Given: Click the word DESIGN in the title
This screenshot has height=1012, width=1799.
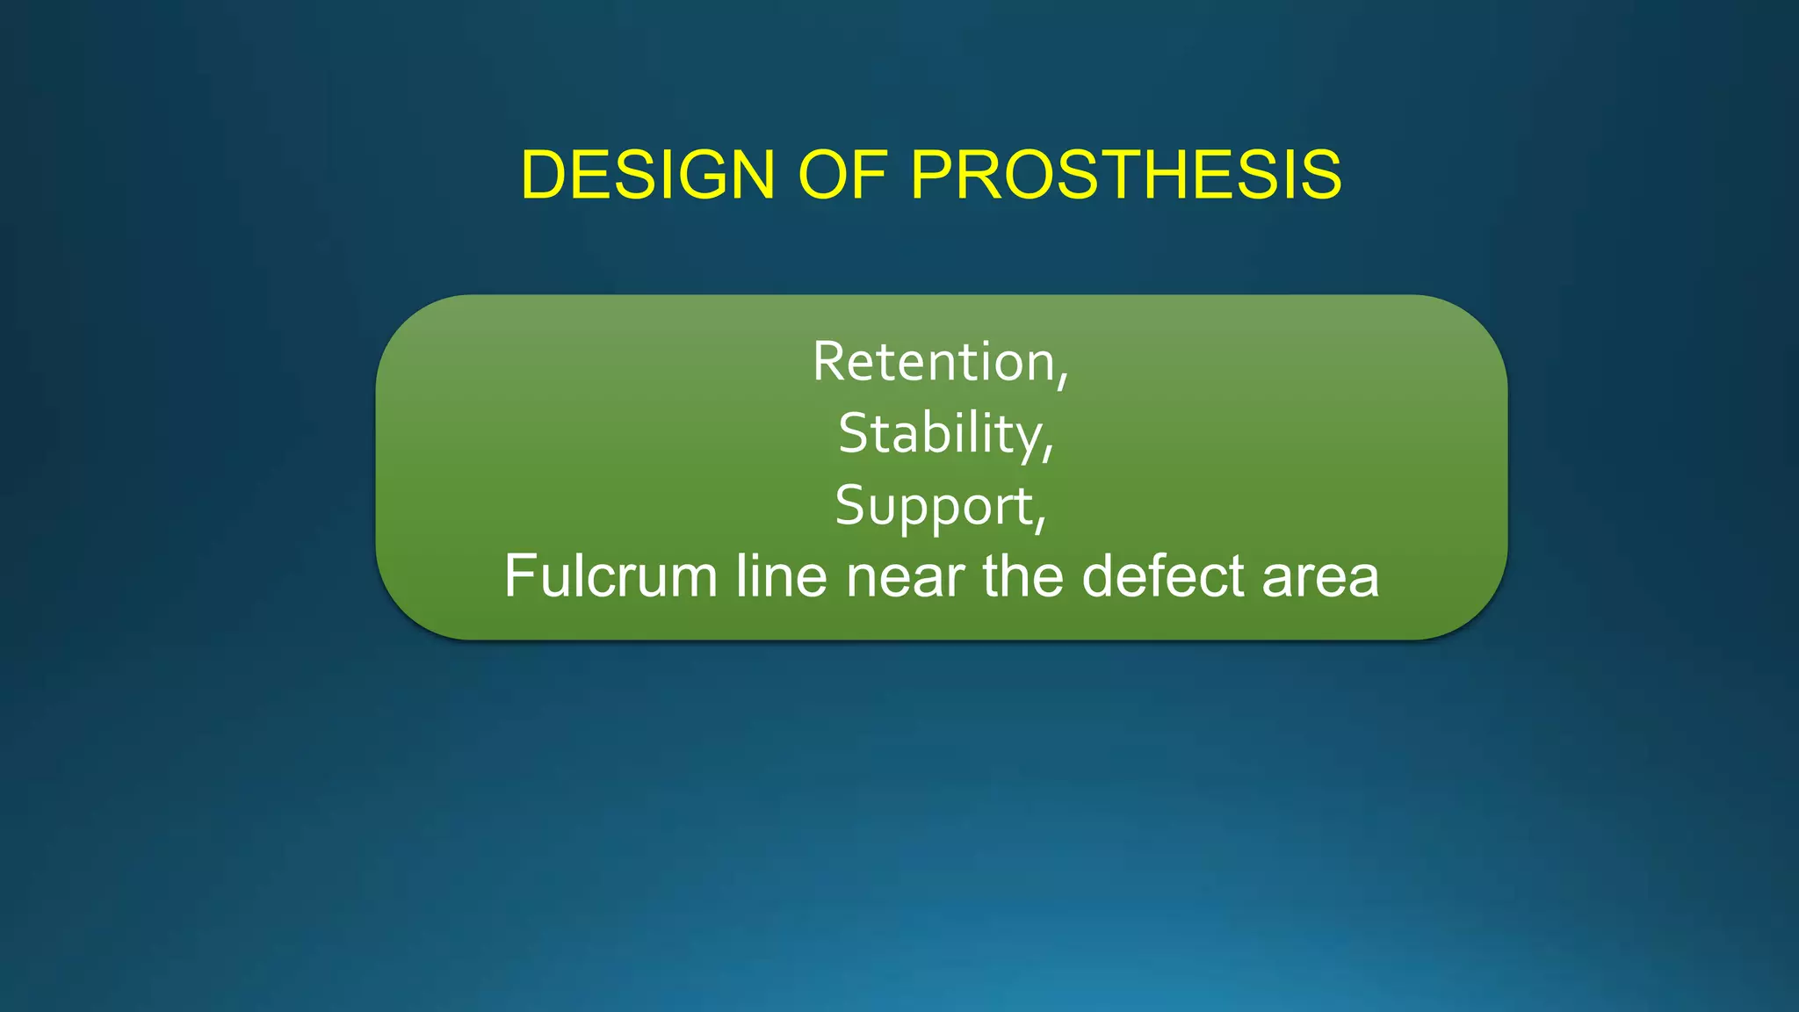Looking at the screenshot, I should pyautogui.click(x=647, y=175).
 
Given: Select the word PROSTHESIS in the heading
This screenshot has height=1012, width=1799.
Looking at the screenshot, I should pyautogui.click(x=1125, y=175).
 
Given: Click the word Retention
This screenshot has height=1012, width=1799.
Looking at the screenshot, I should pyautogui.click(x=933, y=361).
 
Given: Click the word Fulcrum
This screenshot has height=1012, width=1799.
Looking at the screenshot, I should pyautogui.click(x=611, y=576).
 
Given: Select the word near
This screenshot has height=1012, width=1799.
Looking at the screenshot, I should pyautogui.click(x=906, y=576).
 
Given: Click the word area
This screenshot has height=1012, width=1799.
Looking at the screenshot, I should pyautogui.click(x=1320, y=576).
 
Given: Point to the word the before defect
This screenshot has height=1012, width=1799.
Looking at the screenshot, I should pyautogui.click(x=1023, y=576).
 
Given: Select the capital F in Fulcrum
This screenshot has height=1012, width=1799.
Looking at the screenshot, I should pyautogui.click(x=519, y=576).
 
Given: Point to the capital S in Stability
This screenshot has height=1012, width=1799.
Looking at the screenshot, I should pyautogui.click(x=854, y=433).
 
